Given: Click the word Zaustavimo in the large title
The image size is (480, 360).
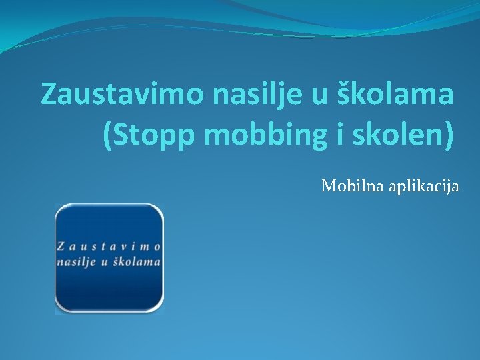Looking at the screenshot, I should click(x=123, y=95).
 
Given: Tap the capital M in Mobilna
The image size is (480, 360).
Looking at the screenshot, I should click(x=329, y=186).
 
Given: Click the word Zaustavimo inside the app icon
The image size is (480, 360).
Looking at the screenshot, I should click(x=109, y=246).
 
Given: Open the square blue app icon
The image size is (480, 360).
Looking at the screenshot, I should click(x=109, y=259).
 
